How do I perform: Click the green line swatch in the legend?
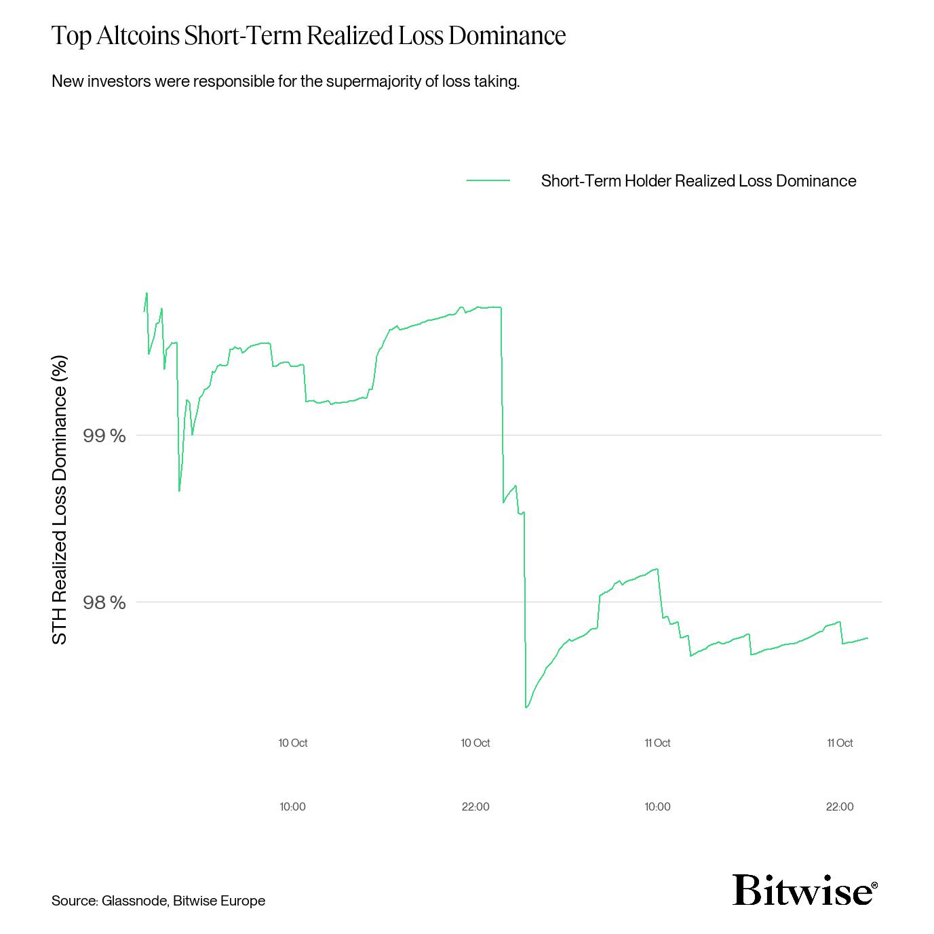tap(488, 180)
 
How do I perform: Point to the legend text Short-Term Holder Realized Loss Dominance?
tap(698, 181)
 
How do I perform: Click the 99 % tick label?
tap(104, 435)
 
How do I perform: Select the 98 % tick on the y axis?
tap(104, 602)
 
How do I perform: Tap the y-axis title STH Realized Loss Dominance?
tap(60, 500)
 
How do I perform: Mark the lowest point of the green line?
tap(526, 707)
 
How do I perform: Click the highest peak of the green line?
tap(147, 293)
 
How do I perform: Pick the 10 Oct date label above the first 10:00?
tap(293, 743)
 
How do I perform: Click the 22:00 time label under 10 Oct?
tap(475, 807)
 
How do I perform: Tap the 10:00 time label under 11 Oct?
tap(657, 807)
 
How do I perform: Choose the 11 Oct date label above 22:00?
tap(840, 743)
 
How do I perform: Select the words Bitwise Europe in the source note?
tap(219, 901)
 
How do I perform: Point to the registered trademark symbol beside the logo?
tap(874, 885)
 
